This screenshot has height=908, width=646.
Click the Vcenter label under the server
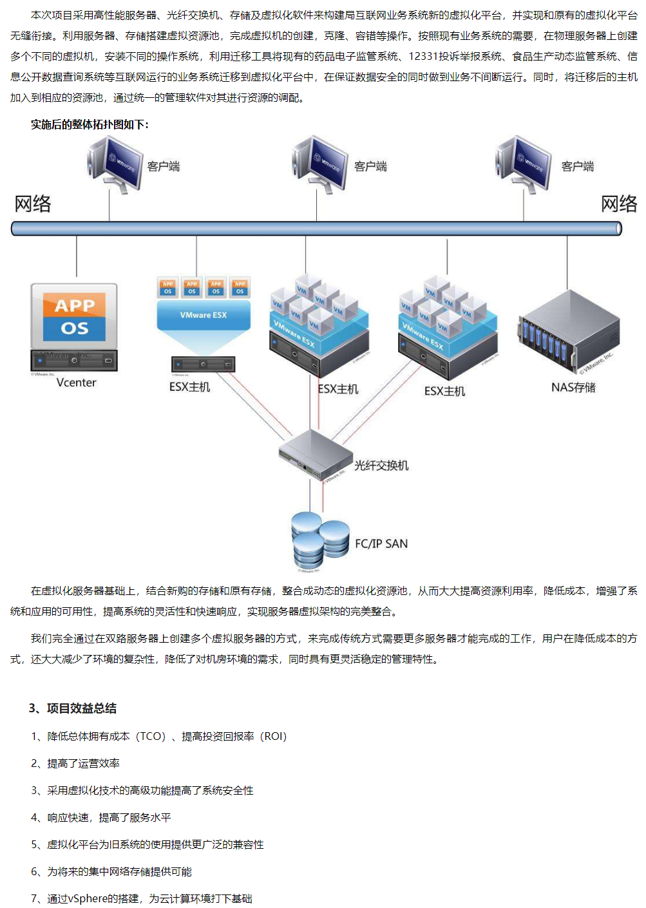coord(76,383)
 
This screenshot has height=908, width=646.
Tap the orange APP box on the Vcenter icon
coord(75,305)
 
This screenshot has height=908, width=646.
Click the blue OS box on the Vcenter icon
coord(75,328)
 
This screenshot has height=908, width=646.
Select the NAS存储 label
coord(573,387)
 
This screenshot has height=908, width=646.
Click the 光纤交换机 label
coord(381,466)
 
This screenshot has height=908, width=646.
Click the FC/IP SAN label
coord(381,544)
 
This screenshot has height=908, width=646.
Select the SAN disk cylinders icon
coord(319,540)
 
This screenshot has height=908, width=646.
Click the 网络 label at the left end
coord(33,204)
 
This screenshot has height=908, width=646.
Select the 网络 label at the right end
coord(619,204)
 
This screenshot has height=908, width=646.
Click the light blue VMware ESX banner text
coord(204,315)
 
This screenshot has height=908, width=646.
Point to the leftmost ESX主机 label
coord(189,387)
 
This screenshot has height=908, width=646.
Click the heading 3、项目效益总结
coord(73,708)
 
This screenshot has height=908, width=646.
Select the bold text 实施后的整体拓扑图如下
coord(90,124)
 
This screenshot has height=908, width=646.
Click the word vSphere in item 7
coord(88,898)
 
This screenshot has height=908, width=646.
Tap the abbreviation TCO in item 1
coord(152,736)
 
